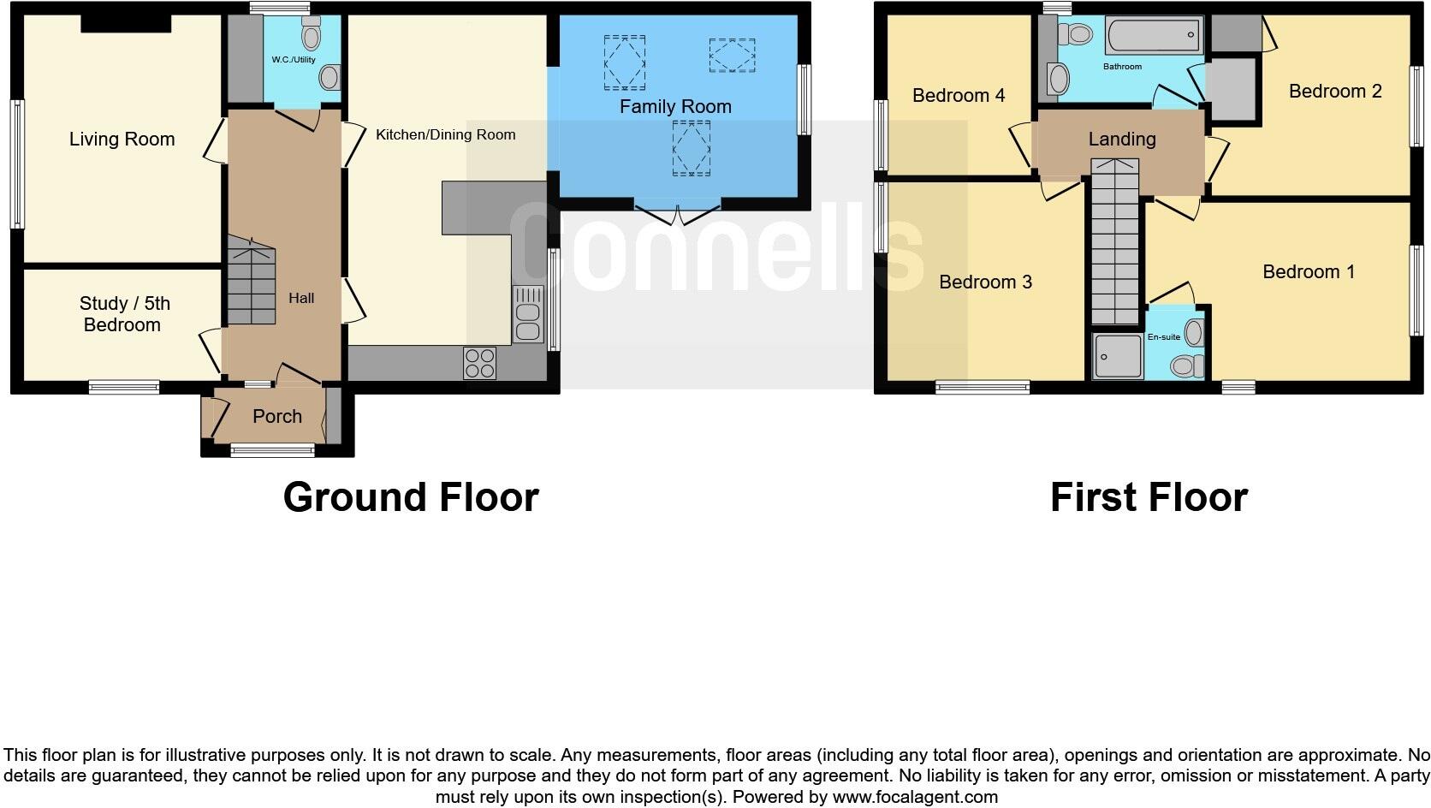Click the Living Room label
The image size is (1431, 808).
click(122, 140)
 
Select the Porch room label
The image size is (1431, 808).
click(277, 417)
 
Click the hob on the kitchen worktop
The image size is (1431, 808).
click(479, 362)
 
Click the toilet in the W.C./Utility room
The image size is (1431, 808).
click(312, 35)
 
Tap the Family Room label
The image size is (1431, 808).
click(675, 107)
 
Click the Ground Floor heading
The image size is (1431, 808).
click(411, 497)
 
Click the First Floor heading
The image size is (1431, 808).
click(1149, 497)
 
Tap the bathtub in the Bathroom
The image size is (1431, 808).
click(1154, 37)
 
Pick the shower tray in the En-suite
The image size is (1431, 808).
click(1119, 356)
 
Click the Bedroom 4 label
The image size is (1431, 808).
click(959, 95)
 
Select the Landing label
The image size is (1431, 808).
click(1122, 139)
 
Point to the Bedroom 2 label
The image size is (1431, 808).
click(1335, 92)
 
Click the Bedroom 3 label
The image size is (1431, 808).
click(985, 282)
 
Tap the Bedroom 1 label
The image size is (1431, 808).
click(1309, 272)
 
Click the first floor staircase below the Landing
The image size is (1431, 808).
click(1116, 244)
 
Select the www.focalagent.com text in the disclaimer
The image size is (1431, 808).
click(915, 797)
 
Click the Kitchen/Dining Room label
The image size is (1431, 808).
click(445, 134)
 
